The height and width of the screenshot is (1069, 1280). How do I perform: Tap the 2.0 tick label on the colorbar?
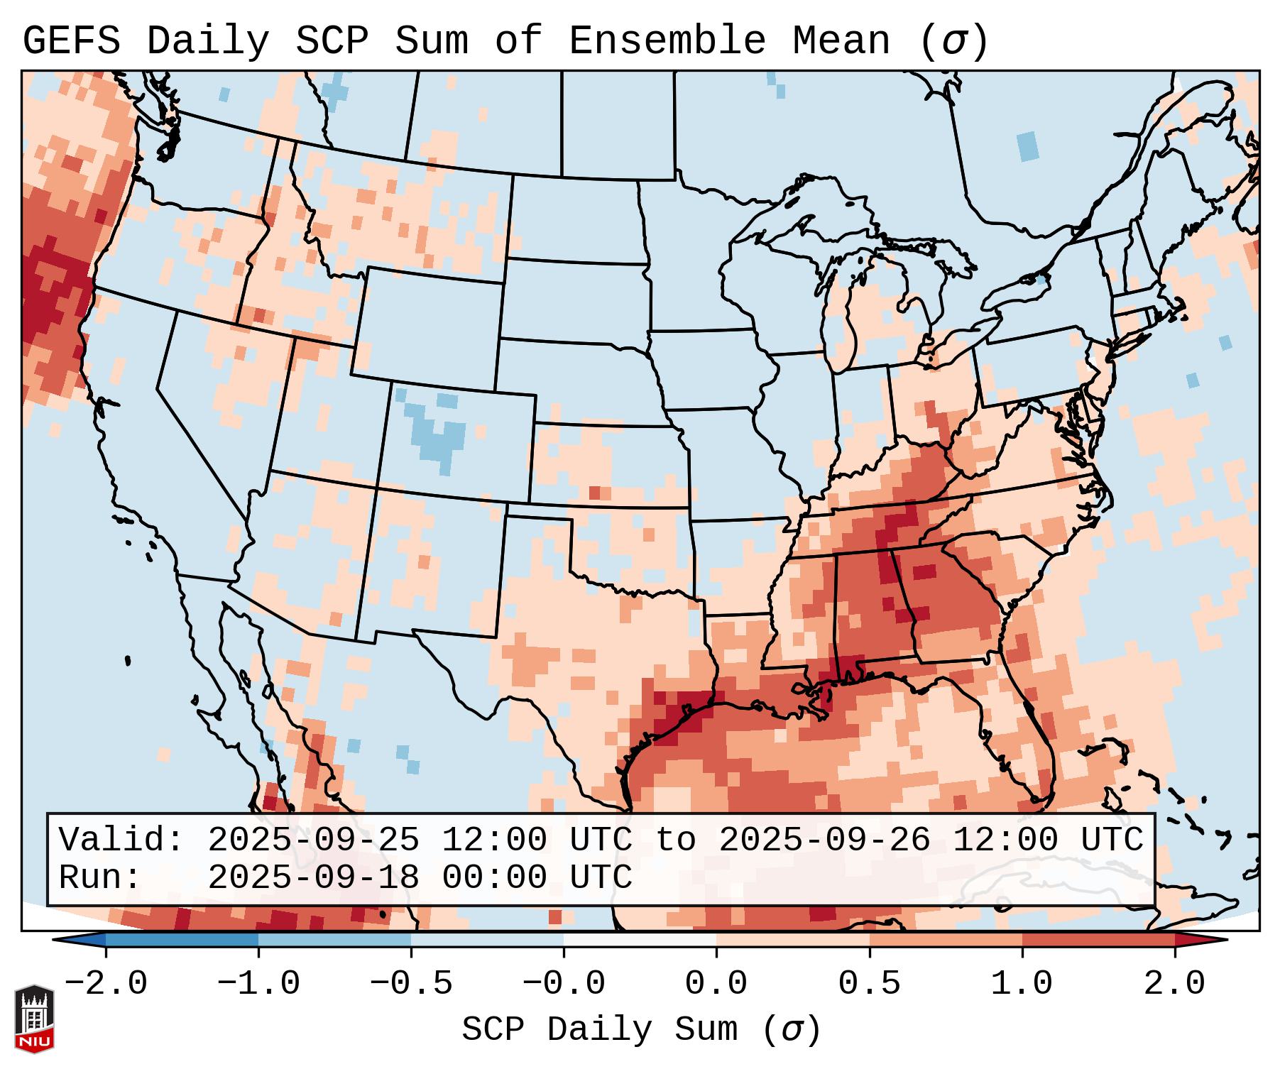click(1174, 984)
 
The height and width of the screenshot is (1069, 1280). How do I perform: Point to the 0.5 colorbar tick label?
click(869, 984)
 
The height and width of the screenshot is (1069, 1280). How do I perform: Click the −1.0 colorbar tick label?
click(258, 984)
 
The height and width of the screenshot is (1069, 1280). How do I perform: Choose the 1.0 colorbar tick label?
click(1022, 984)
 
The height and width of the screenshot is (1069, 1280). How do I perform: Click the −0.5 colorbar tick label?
click(410, 984)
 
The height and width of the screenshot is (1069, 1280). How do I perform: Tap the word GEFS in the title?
click(71, 41)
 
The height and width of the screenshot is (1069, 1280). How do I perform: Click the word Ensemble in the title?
click(667, 41)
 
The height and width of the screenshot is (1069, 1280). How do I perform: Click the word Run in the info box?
click(99, 877)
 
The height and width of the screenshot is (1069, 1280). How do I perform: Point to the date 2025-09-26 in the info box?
click(824, 840)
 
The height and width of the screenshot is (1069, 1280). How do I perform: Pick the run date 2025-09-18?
click(313, 877)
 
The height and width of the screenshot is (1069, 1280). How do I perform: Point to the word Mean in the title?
click(841, 41)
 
